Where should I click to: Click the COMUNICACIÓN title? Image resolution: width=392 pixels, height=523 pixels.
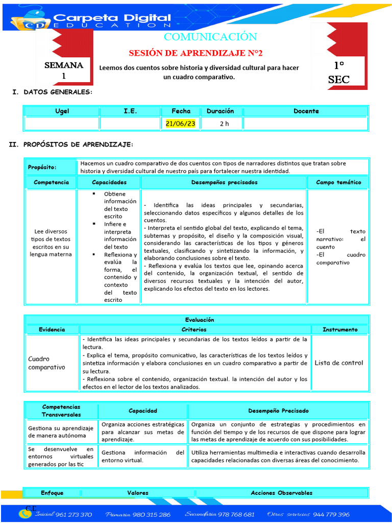click(x=210, y=37)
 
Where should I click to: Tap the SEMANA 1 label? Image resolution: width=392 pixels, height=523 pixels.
click(x=64, y=70)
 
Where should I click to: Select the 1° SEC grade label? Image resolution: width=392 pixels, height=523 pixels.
click(x=339, y=72)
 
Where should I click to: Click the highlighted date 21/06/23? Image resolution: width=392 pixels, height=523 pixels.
click(x=181, y=124)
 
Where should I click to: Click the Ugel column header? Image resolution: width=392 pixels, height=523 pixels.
click(x=62, y=111)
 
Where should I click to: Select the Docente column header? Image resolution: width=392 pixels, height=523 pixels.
click(x=306, y=111)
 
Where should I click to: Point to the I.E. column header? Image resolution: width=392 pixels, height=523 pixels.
click(x=130, y=111)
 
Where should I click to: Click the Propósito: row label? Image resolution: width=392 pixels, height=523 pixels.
click(x=42, y=168)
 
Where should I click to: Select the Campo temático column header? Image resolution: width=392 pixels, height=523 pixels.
click(x=338, y=182)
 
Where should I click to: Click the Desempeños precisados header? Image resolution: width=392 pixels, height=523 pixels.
click(x=224, y=182)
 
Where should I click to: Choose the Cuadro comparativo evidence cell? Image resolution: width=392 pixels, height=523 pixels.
click(x=47, y=363)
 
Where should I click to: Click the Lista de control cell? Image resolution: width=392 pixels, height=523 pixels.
click(x=338, y=363)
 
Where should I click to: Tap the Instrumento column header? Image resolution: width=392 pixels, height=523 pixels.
click(x=339, y=329)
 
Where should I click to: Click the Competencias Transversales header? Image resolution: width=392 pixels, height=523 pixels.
click(x=61, y=411)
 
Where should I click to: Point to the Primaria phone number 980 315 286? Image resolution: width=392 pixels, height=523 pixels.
click(x=152, y=514)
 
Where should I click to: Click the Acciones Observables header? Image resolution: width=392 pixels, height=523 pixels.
click(x=281, y=493)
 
